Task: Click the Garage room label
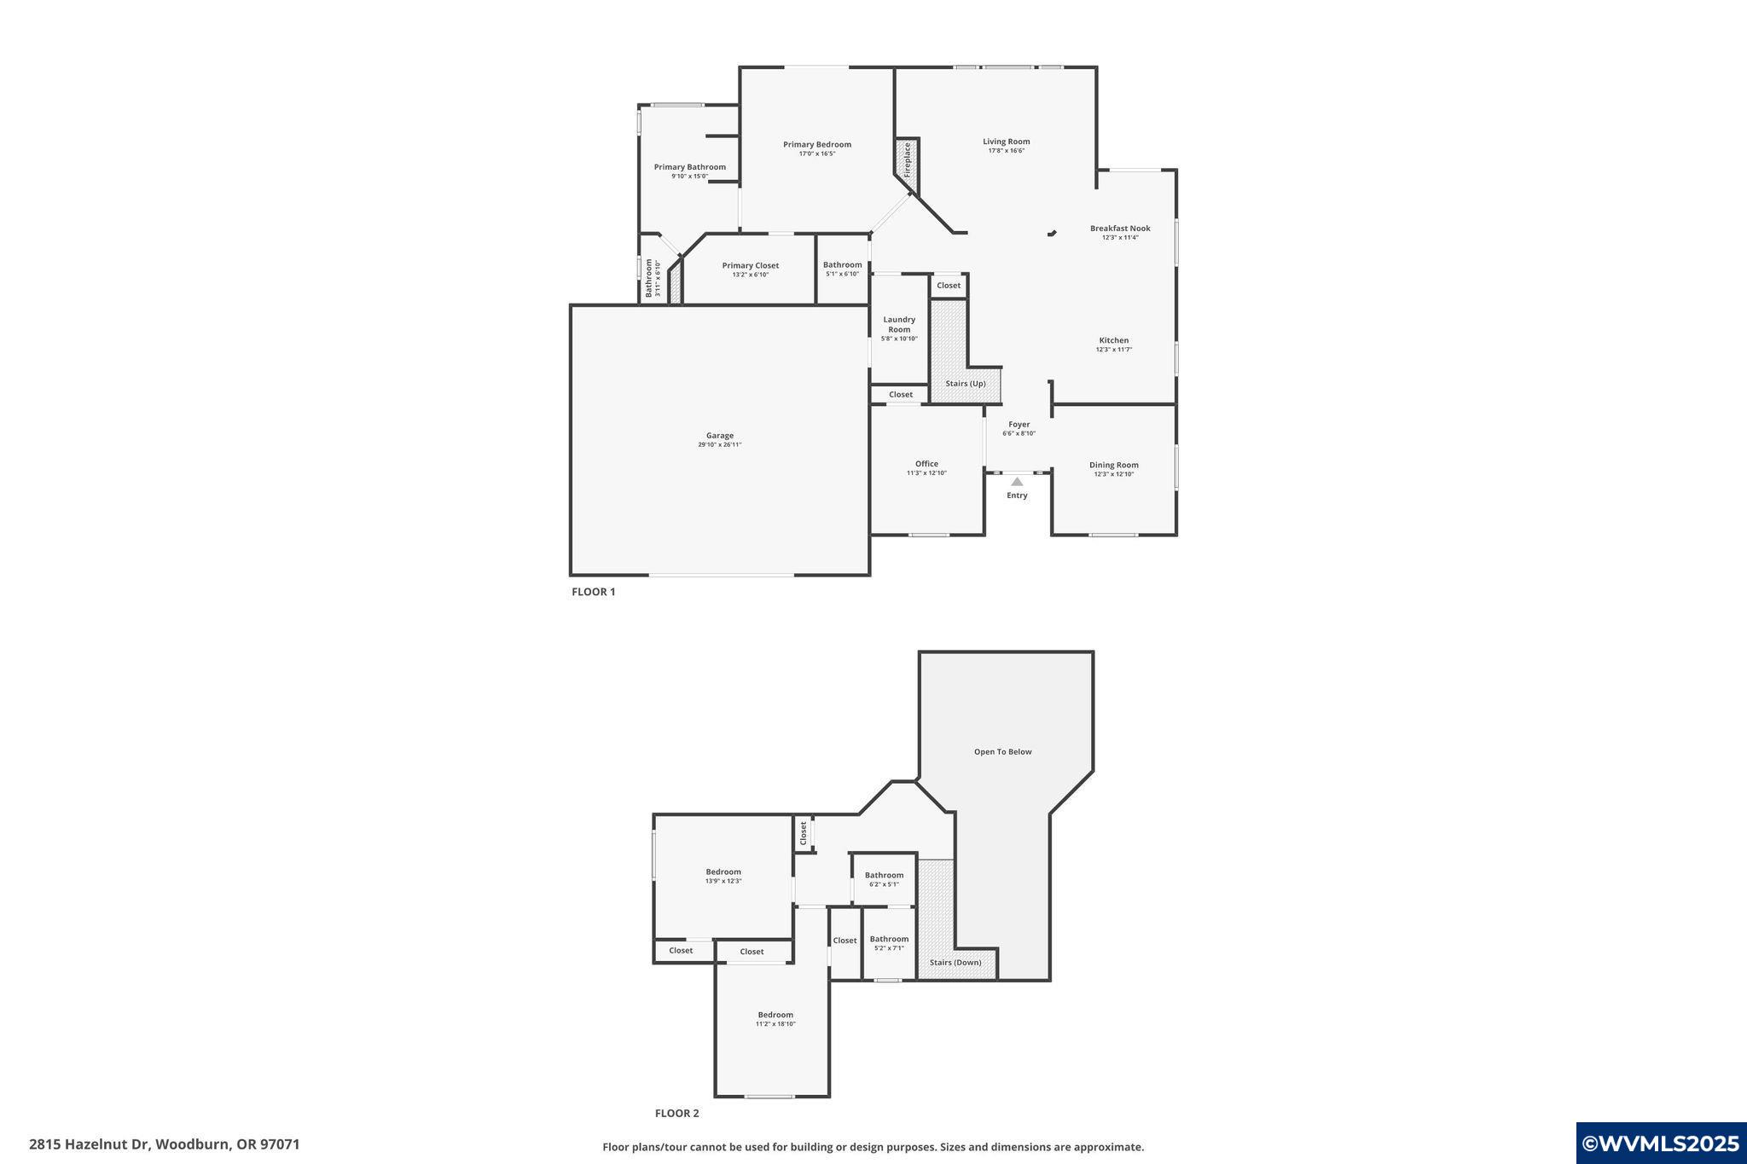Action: [719, 436]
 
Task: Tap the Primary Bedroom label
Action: [816, 145]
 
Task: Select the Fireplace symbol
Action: [907, 159]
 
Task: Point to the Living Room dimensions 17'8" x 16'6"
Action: [1006, 151]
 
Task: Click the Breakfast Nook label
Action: [1119, 229]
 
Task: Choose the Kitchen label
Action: [1113, 340]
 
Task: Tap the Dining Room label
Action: [1113, 465]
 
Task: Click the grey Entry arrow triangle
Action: [1017, 482]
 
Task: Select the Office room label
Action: [926, 464]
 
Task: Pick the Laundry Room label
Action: [899, 325]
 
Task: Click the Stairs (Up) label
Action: [965, 384]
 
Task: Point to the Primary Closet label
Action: [750, 265]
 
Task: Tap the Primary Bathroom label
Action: [689, 167]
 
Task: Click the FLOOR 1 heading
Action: [593, 592]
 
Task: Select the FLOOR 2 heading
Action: [676, 1113]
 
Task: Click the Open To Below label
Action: [1002, 752]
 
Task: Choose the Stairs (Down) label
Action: [955, 963]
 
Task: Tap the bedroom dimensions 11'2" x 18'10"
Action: [775, 1024]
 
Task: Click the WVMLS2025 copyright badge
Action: [1660, 1144]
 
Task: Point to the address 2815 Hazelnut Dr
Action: [89, 1144]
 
